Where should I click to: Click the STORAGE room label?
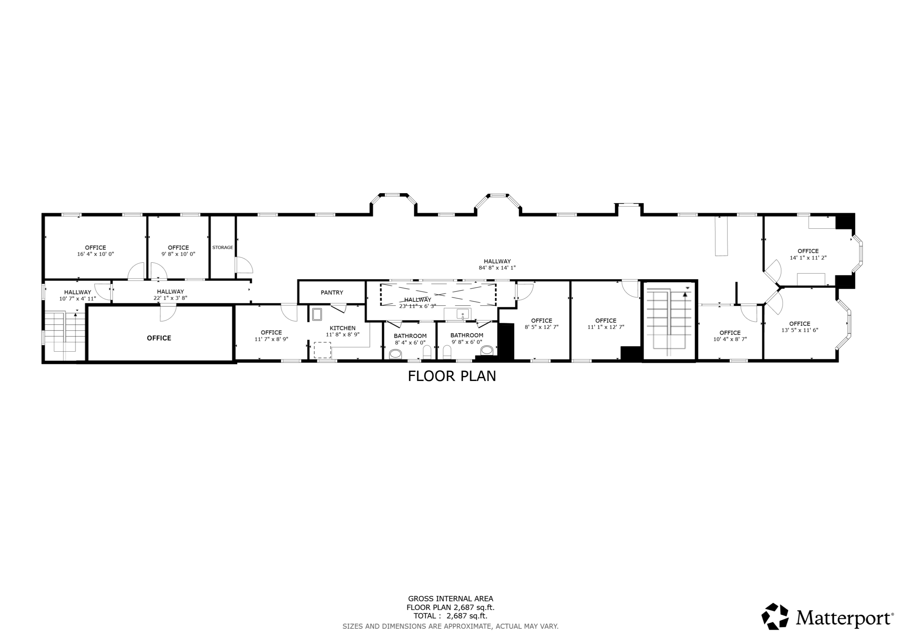[222, 247]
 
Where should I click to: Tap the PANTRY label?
[332, 293]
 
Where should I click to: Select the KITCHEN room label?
[343, 328]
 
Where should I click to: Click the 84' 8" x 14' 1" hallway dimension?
[497, 268]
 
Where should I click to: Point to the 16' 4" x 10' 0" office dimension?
[96, 254]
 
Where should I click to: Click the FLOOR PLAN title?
[452, 376]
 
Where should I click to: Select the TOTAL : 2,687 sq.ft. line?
[451, 616]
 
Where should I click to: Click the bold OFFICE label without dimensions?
[159, 338]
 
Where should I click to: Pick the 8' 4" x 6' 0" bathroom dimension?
[410, 342]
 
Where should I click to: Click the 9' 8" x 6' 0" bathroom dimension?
[467, 342]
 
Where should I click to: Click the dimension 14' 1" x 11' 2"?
[808, 258]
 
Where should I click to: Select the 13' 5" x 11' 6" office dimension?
[800, 330]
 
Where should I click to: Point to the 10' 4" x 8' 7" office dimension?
[730, 339]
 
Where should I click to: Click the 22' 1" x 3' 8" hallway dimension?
[171, 298]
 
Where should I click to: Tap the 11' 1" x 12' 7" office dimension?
[606, 327]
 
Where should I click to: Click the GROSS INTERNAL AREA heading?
[451, 599]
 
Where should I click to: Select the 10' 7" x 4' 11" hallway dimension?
[78, 299]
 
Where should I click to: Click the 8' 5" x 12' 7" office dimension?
[541, 327]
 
